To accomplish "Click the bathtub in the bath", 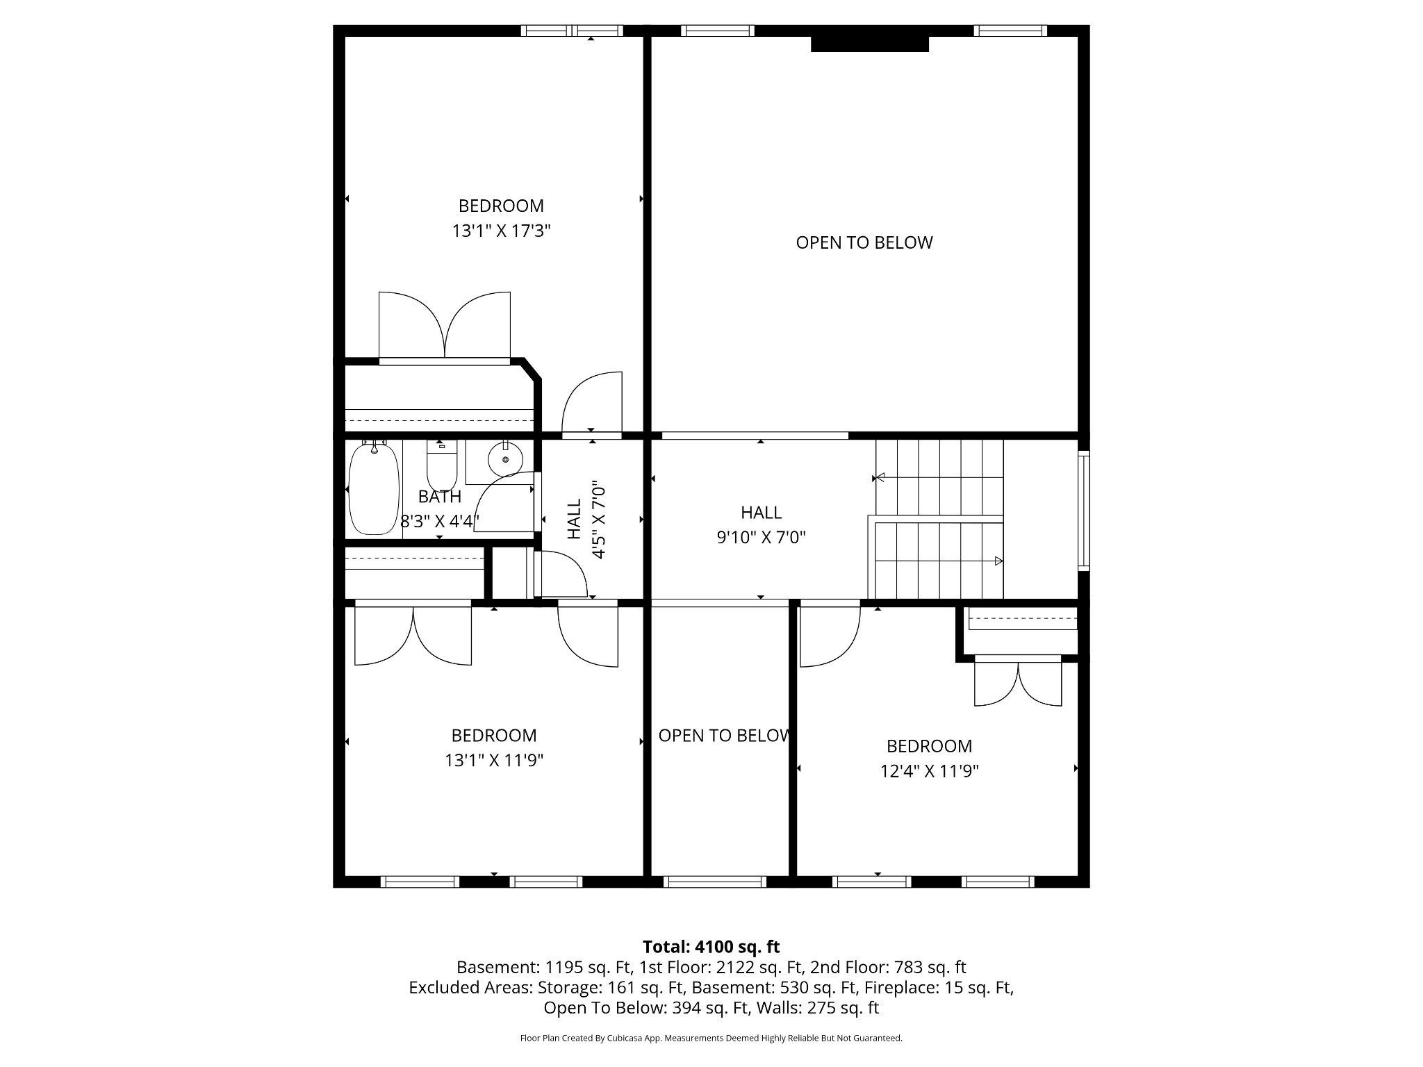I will tap(375, 489).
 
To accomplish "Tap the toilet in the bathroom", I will tap(441, 467).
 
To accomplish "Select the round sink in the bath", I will tap(506, 458).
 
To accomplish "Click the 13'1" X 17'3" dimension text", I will tap(501, 231).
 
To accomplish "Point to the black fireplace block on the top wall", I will tap(869, 43).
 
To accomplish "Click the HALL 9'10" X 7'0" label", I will tap(761, 524).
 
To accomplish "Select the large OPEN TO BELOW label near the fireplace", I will tap(864, 242).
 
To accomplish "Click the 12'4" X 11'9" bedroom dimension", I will tap(929, 771).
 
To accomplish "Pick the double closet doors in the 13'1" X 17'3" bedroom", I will tap(445, 325).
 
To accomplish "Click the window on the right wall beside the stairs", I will tap(1083, 511).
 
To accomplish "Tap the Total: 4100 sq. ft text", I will tap(711, 947).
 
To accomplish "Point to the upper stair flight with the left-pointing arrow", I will tap(939, 478).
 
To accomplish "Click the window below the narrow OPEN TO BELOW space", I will tap(715, 882).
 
